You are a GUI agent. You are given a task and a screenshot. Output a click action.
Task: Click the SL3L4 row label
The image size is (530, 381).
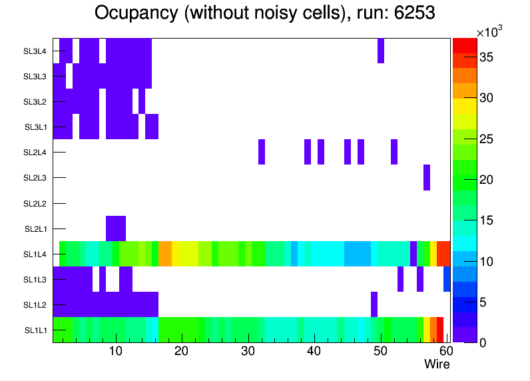click(x=35, y=51)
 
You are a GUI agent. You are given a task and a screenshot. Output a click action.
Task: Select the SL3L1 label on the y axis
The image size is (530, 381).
click(x=35, y=127)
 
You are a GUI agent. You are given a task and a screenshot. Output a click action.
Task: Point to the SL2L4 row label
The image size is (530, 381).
click(x=35, y=153)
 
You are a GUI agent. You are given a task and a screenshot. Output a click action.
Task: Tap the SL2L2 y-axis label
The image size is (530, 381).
click(x=35, y=203)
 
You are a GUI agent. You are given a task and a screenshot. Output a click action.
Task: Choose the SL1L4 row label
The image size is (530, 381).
click(x=35, y=254)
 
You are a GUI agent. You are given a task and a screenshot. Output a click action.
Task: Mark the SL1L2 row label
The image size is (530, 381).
click(x=35, y=305)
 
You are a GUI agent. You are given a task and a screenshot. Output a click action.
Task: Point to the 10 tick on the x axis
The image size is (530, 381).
click(x=116, y=351)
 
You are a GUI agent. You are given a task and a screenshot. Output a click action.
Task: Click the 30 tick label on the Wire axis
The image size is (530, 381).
click(x=248, y=351)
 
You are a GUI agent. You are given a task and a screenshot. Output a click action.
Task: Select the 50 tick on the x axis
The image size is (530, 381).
click(x=380, y=351)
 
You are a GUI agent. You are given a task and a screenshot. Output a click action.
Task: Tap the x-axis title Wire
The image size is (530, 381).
click(x=437, y=364)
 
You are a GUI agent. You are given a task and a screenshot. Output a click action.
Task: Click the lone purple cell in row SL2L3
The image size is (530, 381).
click(x=427, y=177)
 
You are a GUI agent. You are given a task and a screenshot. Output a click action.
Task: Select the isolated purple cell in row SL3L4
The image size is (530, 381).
click(x=381, y=51)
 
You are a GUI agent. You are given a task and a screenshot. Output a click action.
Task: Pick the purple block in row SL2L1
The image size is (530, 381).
click(x=116, y=228)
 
